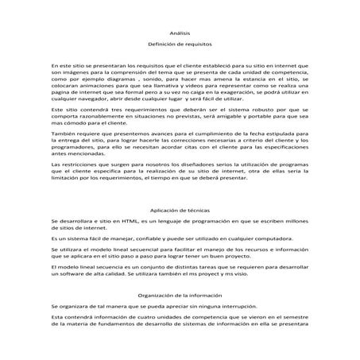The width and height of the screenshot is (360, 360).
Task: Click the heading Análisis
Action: point(180,33)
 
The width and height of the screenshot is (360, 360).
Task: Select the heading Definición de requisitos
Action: point(180,47)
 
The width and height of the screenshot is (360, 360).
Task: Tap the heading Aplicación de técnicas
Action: point(180,209)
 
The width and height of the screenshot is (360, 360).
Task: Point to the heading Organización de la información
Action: point(180,293)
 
